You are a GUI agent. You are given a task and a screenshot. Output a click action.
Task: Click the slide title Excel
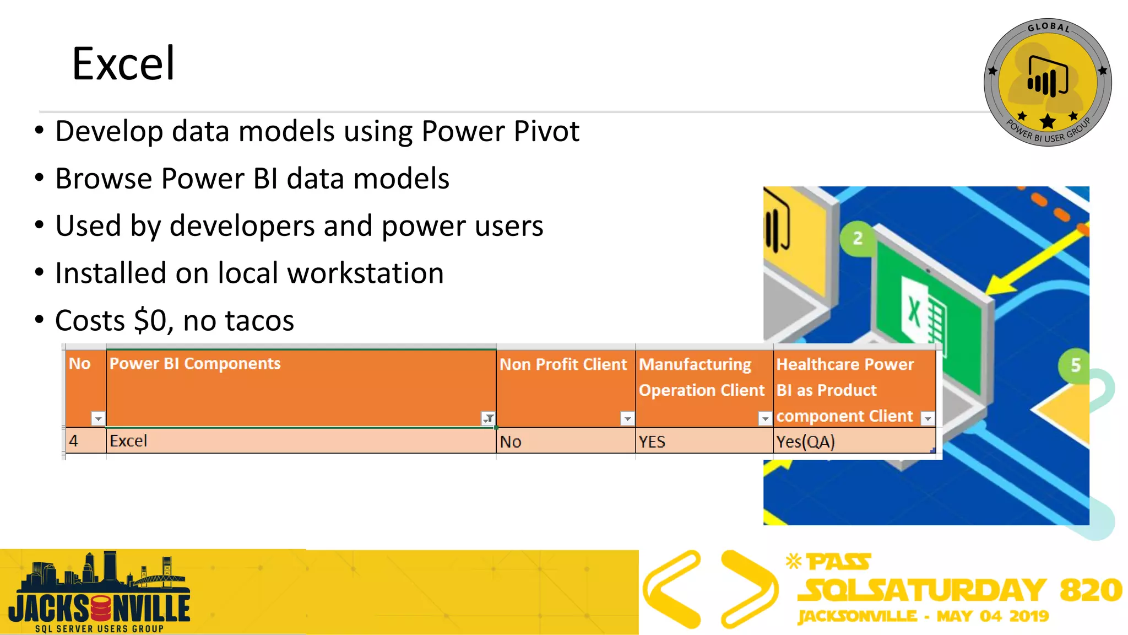123,64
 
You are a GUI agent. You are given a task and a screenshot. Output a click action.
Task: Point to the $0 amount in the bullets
150,321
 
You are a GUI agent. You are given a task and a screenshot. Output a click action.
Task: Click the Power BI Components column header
195,364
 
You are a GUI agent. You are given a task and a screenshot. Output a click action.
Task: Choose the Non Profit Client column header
563,364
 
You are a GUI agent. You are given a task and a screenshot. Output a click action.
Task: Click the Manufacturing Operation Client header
701,378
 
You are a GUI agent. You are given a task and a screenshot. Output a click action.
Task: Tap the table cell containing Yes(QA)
805,442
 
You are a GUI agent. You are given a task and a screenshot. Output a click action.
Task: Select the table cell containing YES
652,442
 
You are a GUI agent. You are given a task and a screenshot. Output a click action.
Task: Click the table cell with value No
511,442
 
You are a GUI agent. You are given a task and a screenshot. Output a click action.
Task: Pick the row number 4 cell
74,441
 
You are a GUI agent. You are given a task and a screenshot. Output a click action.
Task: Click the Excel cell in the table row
128,441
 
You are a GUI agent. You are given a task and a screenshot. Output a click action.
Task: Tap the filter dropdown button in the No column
98,419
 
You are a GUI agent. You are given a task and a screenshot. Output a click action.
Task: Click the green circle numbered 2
858,238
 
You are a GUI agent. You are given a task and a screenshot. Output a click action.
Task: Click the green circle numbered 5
1075,365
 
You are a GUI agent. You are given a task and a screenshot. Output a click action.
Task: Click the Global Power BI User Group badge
1047,83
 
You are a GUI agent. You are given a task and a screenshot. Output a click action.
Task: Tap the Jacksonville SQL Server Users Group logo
99,593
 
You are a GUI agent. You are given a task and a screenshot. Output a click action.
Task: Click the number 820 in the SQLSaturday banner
1090,590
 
